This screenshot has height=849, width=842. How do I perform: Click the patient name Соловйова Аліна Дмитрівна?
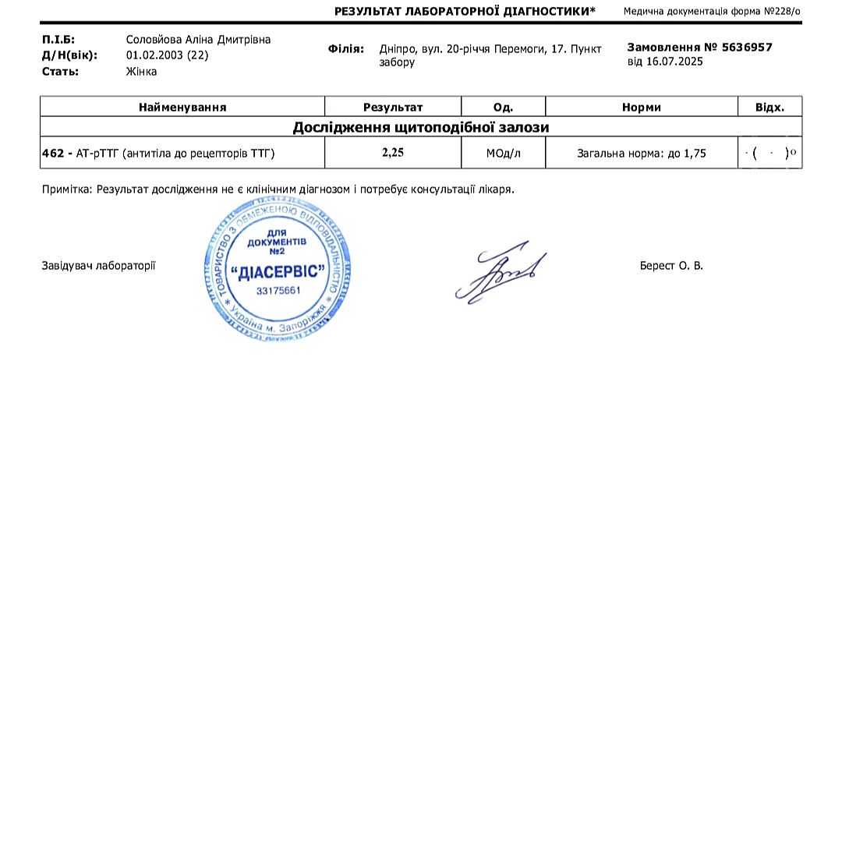(x=198, y=40)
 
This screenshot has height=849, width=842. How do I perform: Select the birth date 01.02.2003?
(x=154, y=55)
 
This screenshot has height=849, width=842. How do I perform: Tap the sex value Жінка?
(x=141, y=72)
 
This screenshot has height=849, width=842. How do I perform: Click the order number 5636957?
(x=746, y=47)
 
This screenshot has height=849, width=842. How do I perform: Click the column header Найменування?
(x=182, y=108)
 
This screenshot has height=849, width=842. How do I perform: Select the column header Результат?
(x=393, y=108)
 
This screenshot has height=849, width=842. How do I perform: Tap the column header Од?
(x=503, y=108)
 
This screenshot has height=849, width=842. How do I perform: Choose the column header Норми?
(x=641, y=108)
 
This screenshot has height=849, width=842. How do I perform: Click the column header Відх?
(x=769, y=108)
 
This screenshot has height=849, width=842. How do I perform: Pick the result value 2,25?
(x=393, y=154)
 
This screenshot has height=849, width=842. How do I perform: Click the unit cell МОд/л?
(x=503, y=154)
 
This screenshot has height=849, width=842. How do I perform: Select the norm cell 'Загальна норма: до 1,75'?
(x=641, y=154)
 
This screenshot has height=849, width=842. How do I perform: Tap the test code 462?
(x=52, y=154)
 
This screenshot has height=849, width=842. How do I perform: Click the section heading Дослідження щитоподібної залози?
(x=421, y=127)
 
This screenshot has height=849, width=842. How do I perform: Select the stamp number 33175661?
(x=278, y=291)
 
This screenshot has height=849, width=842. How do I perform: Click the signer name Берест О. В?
(x=671, y=266)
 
